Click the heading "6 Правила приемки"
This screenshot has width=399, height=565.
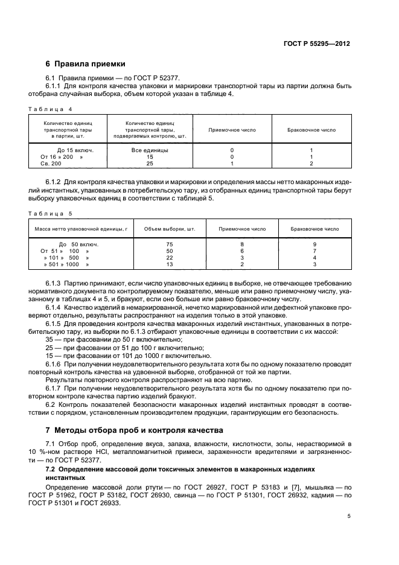tap(85, 64)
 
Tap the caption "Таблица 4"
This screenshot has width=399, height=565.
tap(50, 109)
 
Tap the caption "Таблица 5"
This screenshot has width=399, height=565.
tap(50, 213)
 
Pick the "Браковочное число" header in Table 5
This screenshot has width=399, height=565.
tap(314, 229)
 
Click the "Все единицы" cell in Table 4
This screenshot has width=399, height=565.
tap(150, 149)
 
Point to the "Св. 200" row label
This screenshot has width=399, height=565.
tap(51, 163)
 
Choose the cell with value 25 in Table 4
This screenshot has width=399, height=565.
tap(150, 163)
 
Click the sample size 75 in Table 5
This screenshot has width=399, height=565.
tap(169, 244)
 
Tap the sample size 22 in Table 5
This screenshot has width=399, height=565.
tap(169, 257)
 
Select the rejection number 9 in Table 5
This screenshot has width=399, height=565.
tap(314, 244)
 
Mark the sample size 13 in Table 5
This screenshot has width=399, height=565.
tap(169, 264)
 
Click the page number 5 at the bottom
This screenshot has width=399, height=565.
tap(349, 516)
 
